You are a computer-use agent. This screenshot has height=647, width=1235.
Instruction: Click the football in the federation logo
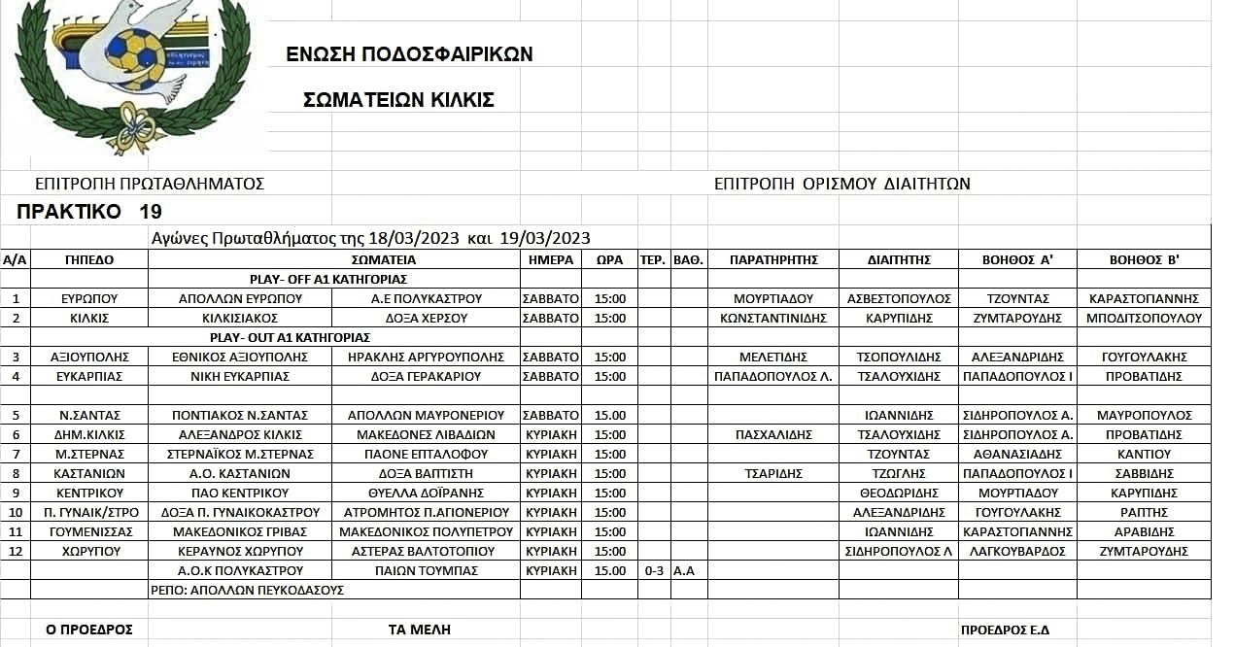135,57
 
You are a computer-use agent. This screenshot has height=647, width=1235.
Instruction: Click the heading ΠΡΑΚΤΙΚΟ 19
89,212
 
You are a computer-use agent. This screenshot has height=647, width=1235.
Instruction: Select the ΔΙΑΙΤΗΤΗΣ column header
899,259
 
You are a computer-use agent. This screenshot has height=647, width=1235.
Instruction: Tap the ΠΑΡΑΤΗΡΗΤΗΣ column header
773,259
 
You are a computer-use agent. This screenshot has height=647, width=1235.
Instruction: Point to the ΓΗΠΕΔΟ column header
89,259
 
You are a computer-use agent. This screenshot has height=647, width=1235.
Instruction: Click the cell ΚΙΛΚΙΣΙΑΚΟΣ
240,318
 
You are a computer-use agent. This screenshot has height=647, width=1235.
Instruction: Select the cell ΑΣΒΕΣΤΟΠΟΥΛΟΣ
899,298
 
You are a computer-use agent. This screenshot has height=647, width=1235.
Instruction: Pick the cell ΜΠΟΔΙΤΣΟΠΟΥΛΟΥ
1145,318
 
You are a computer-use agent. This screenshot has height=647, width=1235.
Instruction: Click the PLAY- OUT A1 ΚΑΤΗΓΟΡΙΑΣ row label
291,337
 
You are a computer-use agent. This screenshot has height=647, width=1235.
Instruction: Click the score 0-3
653,570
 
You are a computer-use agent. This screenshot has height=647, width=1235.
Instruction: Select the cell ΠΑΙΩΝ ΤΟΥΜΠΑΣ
427,570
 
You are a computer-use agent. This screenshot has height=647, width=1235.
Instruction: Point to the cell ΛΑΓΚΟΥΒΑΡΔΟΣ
1016,551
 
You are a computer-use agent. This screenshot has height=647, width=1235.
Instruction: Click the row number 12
16,551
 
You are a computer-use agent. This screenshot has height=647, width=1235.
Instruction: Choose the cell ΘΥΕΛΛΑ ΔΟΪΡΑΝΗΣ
427,493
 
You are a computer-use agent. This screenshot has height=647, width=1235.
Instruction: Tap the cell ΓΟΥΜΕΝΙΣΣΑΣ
89,531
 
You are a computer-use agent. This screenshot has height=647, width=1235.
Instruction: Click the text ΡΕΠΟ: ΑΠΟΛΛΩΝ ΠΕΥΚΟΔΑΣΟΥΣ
248,590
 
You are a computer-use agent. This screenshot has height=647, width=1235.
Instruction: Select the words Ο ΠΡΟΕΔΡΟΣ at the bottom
89,630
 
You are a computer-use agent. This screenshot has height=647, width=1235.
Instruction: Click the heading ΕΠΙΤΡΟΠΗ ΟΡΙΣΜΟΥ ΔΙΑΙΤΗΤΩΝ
841,184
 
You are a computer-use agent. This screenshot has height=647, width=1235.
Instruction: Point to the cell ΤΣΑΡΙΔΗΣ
773,473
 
